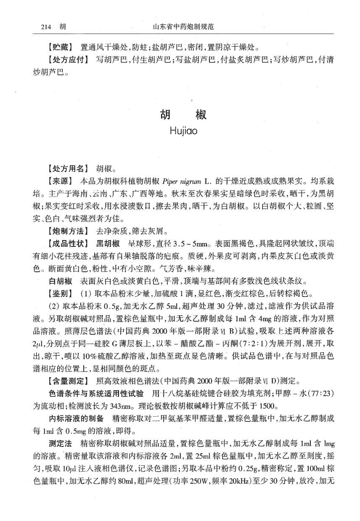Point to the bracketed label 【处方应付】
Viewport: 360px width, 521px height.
(69, 60)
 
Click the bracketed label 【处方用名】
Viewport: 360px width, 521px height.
(69, 169)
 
